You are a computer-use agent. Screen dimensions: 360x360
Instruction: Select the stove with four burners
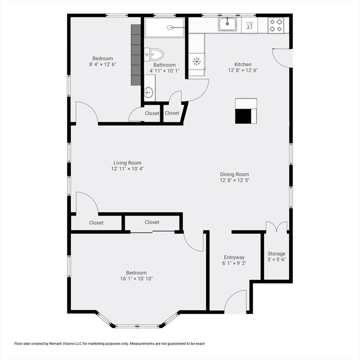(276, 25)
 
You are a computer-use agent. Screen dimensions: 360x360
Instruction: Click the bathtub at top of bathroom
(165, 27)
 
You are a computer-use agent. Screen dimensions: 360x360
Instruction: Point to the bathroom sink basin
(149, 91)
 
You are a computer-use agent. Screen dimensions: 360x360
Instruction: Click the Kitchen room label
(243, 64)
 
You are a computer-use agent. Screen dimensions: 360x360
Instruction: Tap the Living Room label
(127, 163)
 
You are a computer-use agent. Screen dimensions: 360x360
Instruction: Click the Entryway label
(234, 257)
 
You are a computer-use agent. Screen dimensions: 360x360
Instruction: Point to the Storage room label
(276, 254)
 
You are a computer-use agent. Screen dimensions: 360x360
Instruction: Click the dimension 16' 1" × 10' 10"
(136, 278)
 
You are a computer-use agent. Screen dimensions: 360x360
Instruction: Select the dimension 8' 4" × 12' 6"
(102, 64)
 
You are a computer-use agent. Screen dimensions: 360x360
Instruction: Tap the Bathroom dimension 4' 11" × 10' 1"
(164, 71)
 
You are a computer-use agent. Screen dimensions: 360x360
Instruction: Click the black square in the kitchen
(243, 116)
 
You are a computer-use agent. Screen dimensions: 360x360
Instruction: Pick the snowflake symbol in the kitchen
(197, 60)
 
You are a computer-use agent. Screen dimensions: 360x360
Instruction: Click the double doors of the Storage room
(276, 227)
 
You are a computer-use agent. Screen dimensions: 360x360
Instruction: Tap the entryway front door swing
(236, 302)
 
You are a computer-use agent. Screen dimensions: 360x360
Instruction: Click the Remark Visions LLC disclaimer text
(109, 344)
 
